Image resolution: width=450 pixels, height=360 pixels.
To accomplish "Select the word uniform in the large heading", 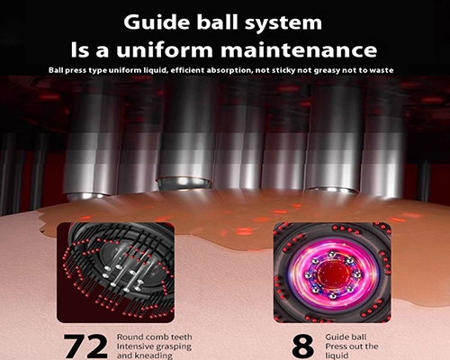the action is tap(165, 50).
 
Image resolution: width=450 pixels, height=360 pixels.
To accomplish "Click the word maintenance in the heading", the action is tap(299, 50).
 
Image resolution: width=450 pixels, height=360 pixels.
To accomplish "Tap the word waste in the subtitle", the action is tap(381, 70).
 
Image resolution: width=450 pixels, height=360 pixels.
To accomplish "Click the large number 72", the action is tap(85, 346).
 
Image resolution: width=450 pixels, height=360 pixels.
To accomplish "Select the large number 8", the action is tap(302, 346).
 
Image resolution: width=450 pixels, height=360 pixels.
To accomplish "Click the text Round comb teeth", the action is tap(154, 337).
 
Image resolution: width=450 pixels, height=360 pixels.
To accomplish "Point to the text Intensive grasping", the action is tap(154, 346).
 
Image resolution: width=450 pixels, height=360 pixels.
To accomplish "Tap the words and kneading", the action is tap(145, 355).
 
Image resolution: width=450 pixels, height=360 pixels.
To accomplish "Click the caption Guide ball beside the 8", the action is tap(346, 337).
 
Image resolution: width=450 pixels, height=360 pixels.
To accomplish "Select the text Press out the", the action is tap(352, 346).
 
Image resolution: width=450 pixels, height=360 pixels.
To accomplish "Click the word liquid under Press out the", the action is tap(337, 355).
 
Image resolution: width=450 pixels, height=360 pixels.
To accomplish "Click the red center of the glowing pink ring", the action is tap(332, 274).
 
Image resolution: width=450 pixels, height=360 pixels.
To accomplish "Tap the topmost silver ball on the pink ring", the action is tap(332, 254).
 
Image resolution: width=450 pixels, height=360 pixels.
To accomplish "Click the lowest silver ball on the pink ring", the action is tap(332, 296).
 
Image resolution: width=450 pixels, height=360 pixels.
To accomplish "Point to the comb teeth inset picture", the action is tap(115, 273).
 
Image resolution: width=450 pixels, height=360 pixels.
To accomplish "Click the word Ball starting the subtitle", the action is tap(56, 70).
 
